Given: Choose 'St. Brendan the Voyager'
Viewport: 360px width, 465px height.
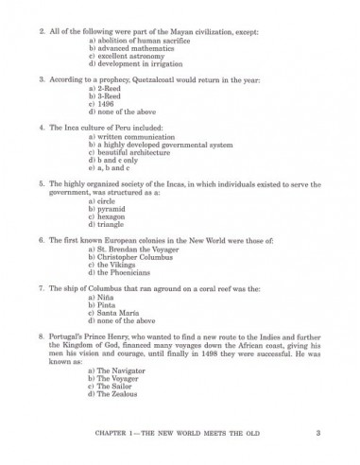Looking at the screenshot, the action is (x=133, y=249).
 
